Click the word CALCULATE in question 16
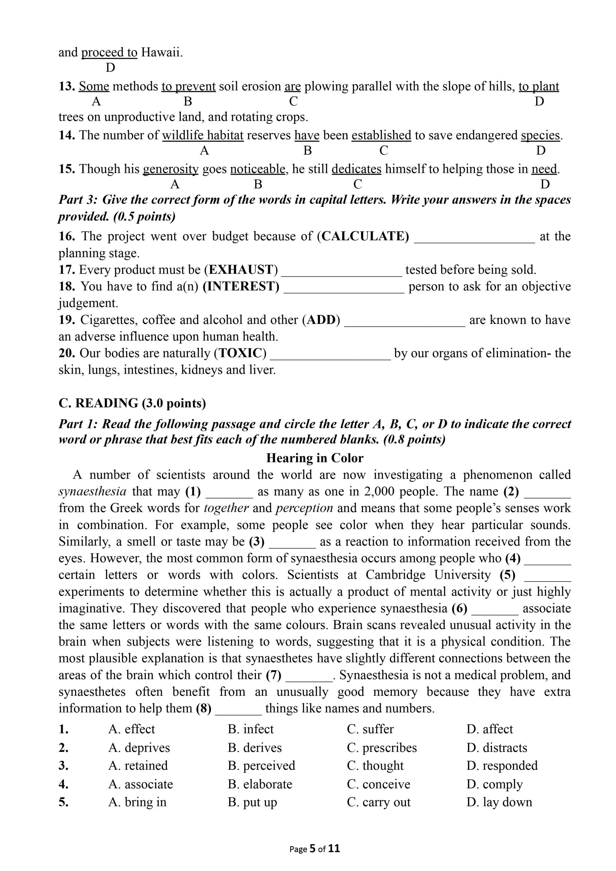click(364, 236)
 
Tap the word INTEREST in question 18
click(241, 286)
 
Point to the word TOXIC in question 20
click(240, 354)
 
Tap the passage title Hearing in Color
click(314, 458)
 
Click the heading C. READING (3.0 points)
click(132, 403)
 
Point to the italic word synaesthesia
click(92, 492)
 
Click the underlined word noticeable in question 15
click(258, 169)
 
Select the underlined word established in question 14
click(381, 135)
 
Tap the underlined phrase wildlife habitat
click(203, 135)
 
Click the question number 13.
click(67, 86)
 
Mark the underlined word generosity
click(170, 169)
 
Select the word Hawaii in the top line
click(161, 52)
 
